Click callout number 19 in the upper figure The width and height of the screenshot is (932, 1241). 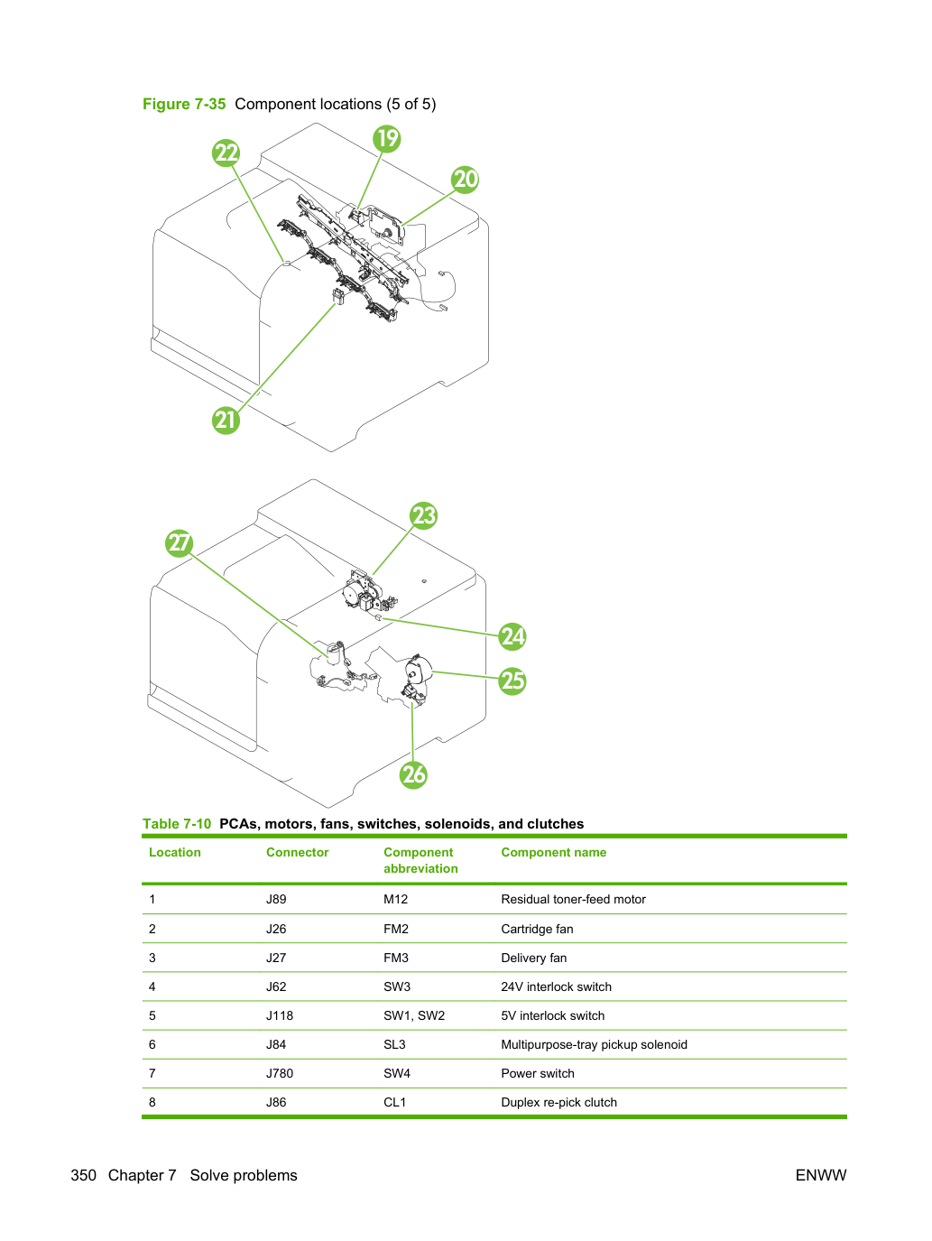(386, 138)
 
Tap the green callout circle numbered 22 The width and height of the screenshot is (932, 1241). (226, 153)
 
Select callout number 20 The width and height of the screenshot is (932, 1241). (466, 180)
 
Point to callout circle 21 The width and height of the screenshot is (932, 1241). (226, 421)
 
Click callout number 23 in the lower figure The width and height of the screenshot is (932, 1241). (424, 515)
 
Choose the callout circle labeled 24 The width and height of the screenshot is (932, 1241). (512, 636)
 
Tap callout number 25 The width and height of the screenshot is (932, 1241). (512, 681)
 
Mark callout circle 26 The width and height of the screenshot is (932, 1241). (414, 774)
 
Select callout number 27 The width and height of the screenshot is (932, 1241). (180, 543)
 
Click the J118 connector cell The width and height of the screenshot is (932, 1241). (280, 1015)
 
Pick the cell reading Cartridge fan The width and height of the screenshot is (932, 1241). (537, 929)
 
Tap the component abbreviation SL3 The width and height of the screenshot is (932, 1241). (394, 1044)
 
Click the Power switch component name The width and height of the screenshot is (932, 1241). (538, 1073)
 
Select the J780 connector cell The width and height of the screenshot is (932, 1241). (280, 1073)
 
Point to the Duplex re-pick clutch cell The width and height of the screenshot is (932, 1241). (559, 1102)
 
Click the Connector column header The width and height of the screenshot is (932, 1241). (298, 852)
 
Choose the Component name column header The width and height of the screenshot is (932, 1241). (554, 852)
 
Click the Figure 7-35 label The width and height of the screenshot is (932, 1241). (184, 104)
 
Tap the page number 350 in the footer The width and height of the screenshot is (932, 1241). (84, 1175)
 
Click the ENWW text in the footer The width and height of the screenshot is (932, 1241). (821, 1175)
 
